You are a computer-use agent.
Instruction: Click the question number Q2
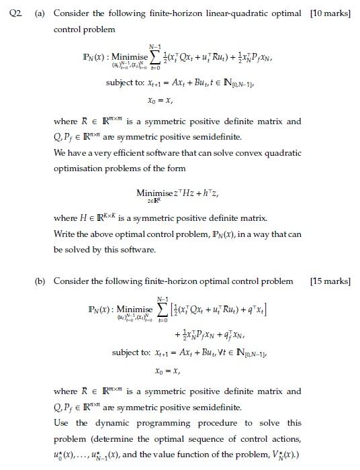10,13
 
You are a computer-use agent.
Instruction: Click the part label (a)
40,13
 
